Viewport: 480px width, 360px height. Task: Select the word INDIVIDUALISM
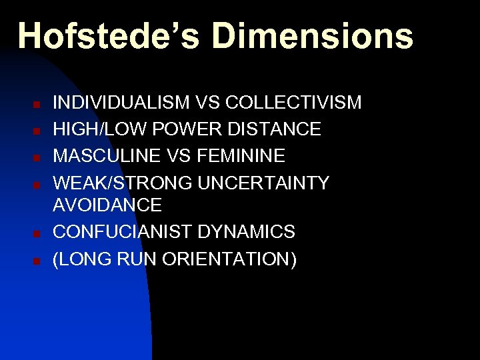[x=122, y=103]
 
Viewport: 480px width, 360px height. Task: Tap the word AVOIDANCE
[x=107, y=205]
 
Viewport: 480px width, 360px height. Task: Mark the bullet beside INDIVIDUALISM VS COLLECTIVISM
[x=38, y=105]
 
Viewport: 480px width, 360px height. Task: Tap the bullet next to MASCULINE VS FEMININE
[x=38, y=158]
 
